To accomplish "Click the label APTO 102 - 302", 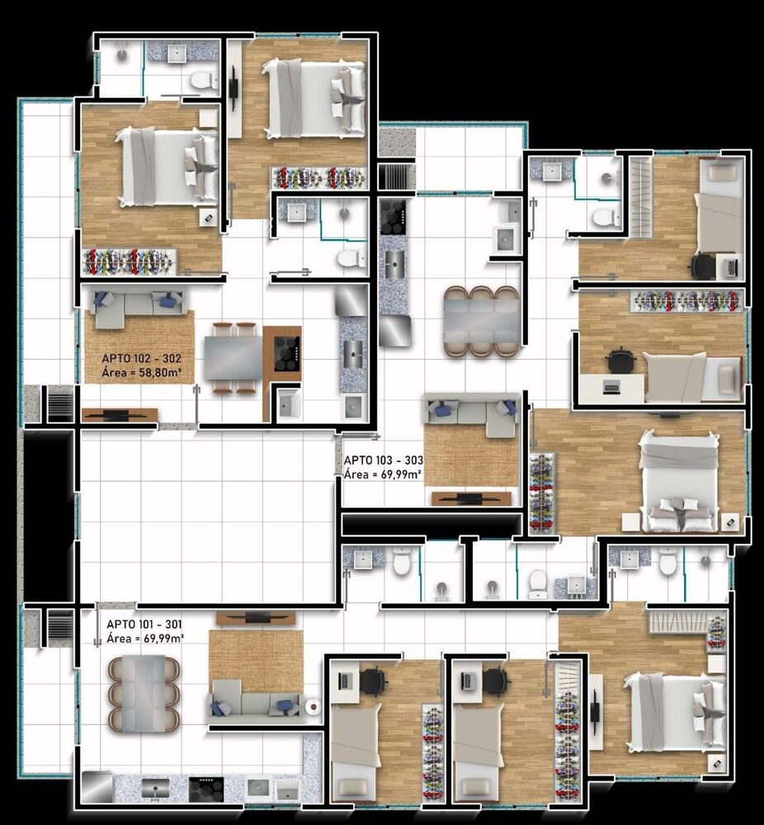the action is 142,359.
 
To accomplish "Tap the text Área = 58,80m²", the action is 142,373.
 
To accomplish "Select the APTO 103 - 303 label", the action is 384,461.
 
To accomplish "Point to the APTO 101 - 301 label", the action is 144,625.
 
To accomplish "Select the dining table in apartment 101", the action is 144,694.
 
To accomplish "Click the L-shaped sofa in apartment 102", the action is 137,304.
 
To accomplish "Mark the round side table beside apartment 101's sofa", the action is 314,707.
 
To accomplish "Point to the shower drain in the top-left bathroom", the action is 122,54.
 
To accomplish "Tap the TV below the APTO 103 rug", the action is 471,497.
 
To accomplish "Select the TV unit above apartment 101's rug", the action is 256,618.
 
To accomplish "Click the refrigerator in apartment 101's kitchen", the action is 97,788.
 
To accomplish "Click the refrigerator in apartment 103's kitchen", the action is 394,331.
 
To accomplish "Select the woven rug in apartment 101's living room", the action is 257,662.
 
